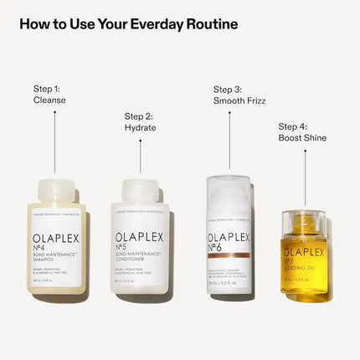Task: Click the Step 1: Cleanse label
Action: [49, 94]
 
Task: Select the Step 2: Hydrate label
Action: [141, 122]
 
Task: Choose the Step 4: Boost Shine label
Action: [302, 131]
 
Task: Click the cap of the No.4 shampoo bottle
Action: [55, 191]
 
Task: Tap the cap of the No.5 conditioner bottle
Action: [141, 191]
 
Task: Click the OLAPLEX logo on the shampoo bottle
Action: [59, 237]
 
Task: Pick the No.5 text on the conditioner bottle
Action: [132, 248]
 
